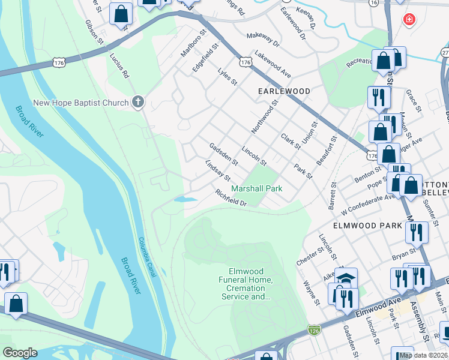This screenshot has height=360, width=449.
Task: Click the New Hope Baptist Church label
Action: click(81, 103)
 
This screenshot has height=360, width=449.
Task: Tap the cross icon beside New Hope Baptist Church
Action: click(138, 101)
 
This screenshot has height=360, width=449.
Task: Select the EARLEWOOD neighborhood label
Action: click(284, 91)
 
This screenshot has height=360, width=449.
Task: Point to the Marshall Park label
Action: click(257, 188)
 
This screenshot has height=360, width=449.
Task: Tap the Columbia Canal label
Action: click(148, 257)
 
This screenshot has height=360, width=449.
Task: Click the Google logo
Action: click(20, 353)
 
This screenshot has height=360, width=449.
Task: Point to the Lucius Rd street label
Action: click(119, 65)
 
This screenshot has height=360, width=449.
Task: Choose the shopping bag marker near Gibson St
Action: click(121, 13)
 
